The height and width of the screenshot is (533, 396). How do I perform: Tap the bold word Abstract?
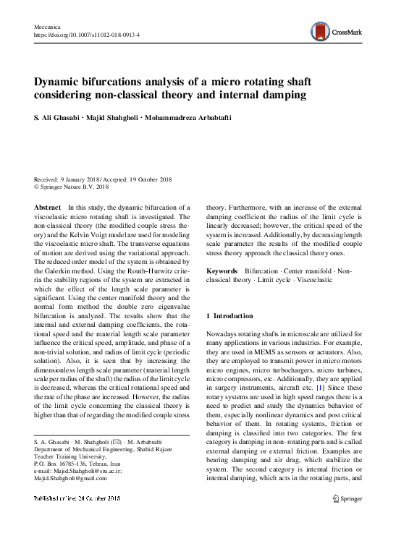[48, 207]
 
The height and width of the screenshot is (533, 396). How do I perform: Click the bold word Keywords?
[222, 270]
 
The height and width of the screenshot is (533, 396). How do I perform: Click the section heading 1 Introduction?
[229, 316]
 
